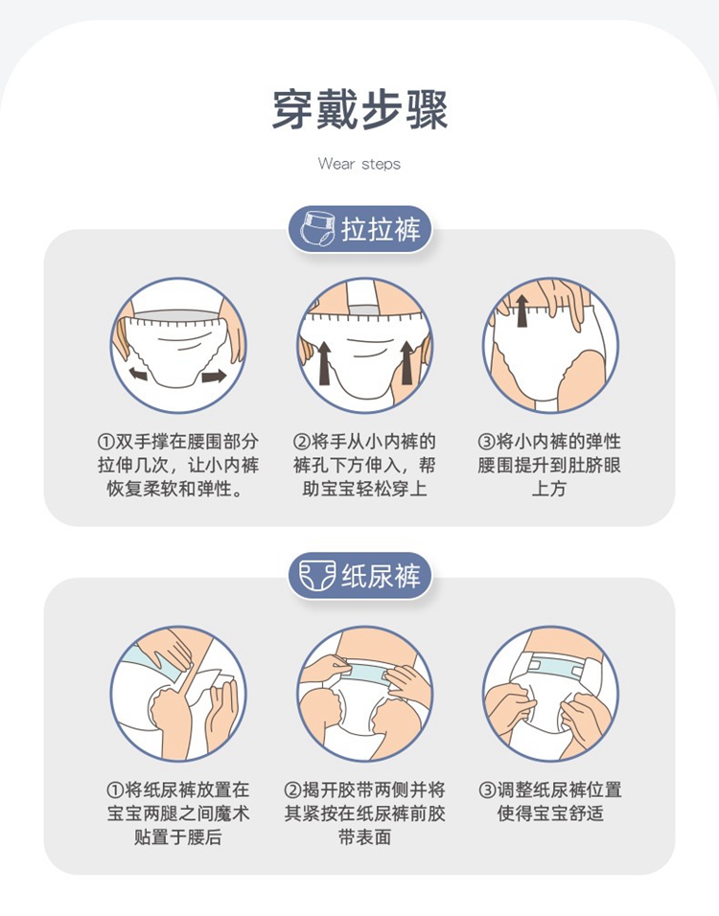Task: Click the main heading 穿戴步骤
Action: (359, 110)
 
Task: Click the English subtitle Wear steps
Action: (359, 164)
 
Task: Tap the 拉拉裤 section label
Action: (381, 229)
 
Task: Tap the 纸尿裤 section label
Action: (381, 576)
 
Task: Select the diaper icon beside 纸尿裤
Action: (316, 576)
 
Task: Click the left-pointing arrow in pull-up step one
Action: (138, 374)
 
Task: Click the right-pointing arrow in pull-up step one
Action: (214, 376)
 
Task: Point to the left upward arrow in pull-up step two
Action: (324, 363)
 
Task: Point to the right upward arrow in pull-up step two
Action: (406, 363)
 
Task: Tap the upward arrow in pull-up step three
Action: (522, 310)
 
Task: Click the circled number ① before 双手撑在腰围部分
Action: (105, 442)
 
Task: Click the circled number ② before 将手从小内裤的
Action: (300, 442)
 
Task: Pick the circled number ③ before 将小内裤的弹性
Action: (486, 442)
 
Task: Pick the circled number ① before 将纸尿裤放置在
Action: (115, 790)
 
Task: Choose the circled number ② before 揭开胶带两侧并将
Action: (291, 790)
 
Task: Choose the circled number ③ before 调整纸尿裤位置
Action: (487, 790)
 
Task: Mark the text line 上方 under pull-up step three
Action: (549, 489)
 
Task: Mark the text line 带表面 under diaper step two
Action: (364, 836)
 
